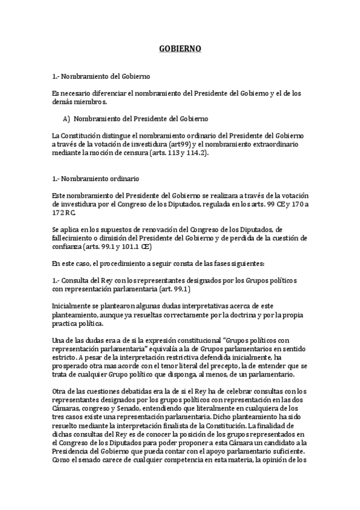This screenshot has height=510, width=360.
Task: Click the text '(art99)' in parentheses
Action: point(193,144)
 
